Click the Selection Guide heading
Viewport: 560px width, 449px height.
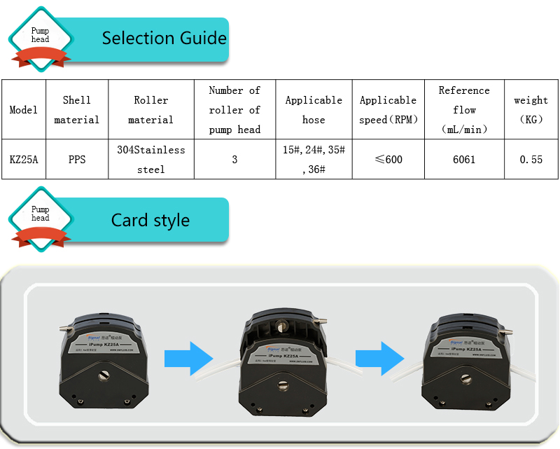click(164, 38)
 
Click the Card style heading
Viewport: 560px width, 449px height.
click(150, 220)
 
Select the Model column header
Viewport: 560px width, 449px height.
click(24, 110)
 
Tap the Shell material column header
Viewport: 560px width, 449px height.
click(77, 110)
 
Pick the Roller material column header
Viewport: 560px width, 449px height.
click(151, 110)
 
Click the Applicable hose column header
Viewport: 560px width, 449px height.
click(314, 110)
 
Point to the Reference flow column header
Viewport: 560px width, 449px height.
click(464, 110)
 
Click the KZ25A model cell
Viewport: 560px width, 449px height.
click(24, 160)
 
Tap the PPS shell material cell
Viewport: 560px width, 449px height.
click(77, 160)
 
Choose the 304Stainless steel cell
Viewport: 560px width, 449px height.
click(151, 160)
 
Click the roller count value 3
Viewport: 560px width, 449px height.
click(234, 160)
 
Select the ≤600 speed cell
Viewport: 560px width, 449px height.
click(388, 160)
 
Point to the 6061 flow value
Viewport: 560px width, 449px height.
click(464, 160)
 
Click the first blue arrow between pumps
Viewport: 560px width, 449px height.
click(188, 358)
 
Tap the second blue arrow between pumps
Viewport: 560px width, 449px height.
click(379, 358)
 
